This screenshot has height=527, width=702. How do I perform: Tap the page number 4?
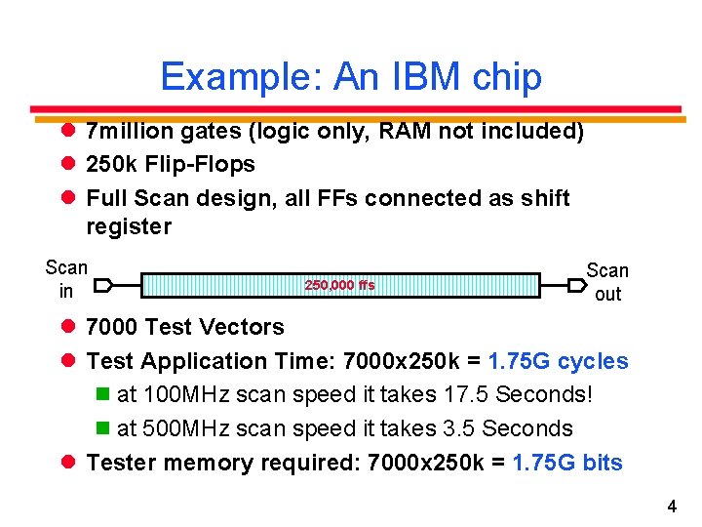(672, 507)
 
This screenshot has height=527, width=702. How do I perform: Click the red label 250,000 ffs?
(339, 285)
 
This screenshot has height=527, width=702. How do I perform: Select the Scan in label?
(66, 279)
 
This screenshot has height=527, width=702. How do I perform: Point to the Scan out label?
(607, 282)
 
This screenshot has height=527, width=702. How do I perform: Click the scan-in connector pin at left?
(105, 285)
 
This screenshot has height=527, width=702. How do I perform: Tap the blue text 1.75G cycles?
(558, 361)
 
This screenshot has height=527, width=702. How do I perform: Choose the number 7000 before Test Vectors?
(112, 327)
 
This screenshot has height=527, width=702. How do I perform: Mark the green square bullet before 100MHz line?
(102, 395)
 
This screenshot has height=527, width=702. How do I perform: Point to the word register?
(129, 226)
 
